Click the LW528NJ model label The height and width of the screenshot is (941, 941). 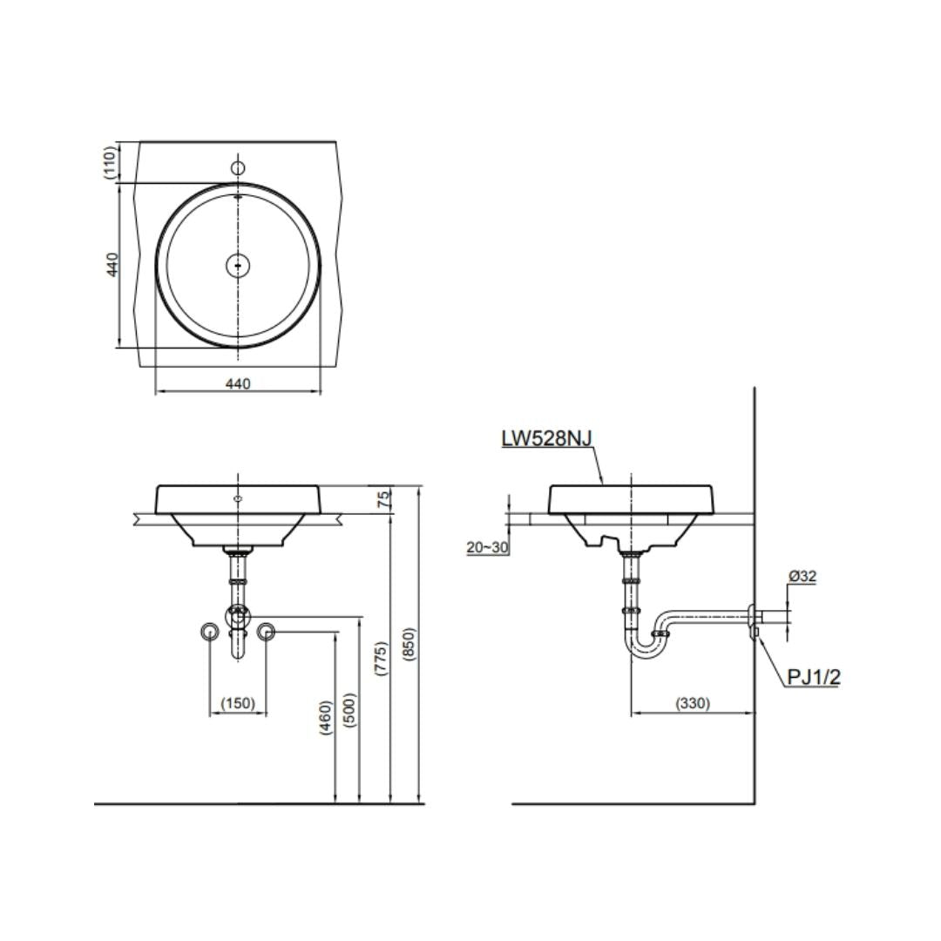[x=546, y=438]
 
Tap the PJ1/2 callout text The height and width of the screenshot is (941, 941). [x=814, y=677]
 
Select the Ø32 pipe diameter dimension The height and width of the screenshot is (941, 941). [x=802, y=576]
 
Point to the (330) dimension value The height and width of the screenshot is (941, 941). [x=693, y=703]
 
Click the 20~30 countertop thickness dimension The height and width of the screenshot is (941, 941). [x=487, y=547]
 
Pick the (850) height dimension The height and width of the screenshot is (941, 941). [x=409, y=645]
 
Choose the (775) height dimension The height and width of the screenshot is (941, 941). [x=381, y=659]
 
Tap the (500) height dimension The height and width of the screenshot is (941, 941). [x=351, y=710]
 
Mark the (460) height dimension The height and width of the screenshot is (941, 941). [x=325, y=718]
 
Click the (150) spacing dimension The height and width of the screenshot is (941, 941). [x=238, y=702]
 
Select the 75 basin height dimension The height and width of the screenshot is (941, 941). [x=384, y=499]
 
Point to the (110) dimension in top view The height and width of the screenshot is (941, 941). [x=109, y=162]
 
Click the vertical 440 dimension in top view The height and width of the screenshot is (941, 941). [x=112, y=265]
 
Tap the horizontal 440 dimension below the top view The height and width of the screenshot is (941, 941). [x=238, y=383]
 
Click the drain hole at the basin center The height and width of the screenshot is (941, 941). [x=238, y=265]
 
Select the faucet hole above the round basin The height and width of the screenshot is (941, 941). [x=238, y=167]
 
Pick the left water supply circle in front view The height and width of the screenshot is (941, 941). [x=209, y=632]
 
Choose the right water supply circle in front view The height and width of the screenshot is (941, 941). [x=267, y=632]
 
